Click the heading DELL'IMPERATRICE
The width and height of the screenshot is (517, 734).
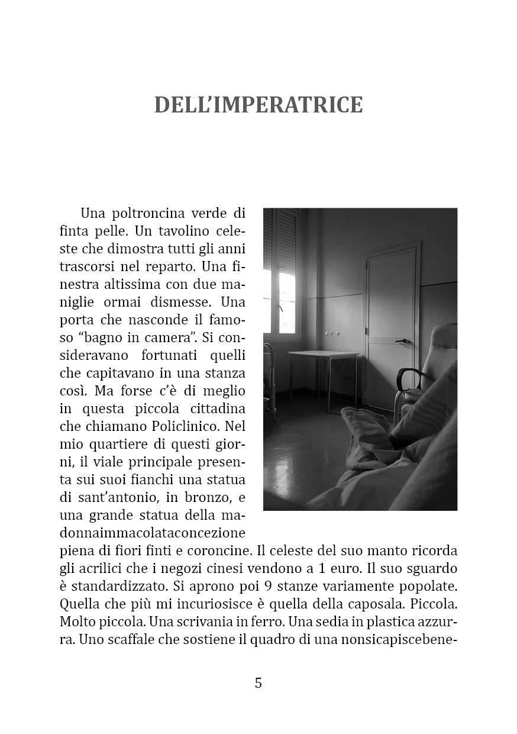258,105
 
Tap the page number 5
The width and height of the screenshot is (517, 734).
258,683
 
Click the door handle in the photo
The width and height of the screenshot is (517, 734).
402,341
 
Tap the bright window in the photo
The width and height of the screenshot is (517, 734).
286,296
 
